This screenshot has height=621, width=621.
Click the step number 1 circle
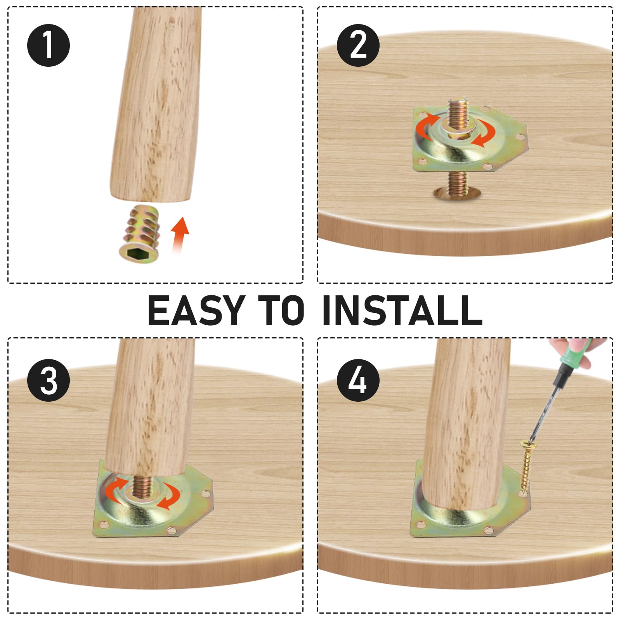pos(49,45)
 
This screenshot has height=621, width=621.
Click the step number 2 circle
pos(358,45)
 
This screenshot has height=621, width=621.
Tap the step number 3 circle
pos(49,380)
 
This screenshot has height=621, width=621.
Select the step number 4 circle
pos(358,380)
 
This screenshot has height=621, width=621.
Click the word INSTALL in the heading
pos(402,310)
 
